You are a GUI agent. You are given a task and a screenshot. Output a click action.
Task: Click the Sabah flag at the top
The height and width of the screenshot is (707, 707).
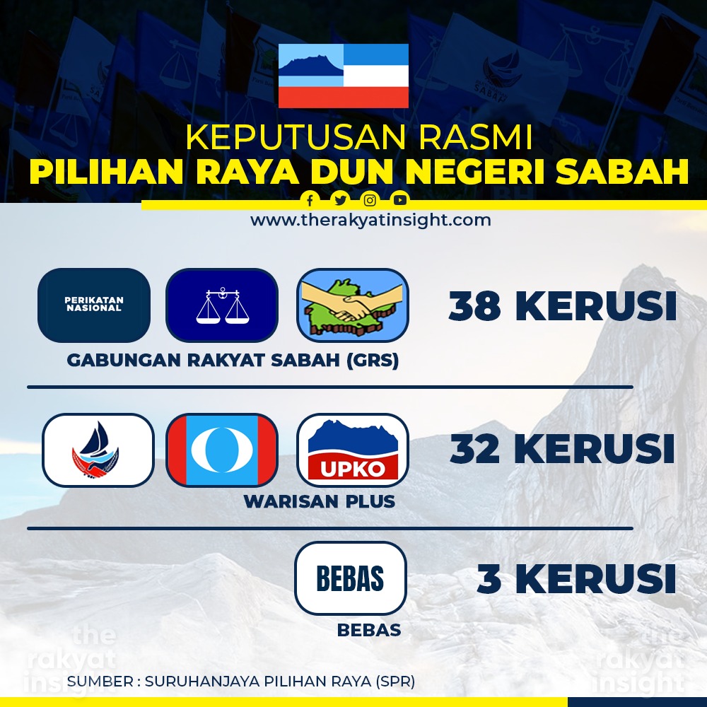(344, 76)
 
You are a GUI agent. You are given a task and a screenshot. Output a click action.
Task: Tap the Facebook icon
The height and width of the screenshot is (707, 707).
(310, 200)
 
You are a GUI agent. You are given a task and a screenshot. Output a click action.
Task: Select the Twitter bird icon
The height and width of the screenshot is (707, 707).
(340, 200)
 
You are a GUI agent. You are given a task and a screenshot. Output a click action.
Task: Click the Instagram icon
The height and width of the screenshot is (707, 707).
(370, 200)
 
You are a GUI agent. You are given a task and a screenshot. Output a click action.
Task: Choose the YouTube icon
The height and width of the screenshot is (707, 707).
(400, 200)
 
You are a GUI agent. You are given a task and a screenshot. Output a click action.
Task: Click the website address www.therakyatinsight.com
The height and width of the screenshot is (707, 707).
(370, 221)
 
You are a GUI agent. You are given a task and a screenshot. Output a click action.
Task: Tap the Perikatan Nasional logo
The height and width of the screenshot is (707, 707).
(94, 305)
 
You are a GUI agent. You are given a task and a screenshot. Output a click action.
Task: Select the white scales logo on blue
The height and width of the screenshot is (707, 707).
(222, 305)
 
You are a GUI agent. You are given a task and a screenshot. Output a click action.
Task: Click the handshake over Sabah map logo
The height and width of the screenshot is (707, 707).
(353, 305)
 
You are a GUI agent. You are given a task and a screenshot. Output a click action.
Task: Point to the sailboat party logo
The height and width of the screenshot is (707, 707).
(98, 450)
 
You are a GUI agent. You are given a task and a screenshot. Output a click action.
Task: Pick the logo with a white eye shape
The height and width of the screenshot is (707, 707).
(222, 450)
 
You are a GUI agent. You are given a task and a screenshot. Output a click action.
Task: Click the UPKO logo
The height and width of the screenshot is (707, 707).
(353, 450)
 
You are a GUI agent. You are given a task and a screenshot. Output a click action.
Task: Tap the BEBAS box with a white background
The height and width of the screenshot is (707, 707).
(351, 578)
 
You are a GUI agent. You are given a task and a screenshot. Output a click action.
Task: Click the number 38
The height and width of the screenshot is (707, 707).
(474, 306)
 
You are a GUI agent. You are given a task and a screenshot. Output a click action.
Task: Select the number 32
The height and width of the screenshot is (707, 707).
(475, 449)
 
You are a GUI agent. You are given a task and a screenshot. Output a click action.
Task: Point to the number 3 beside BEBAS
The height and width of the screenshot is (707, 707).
(490, 578)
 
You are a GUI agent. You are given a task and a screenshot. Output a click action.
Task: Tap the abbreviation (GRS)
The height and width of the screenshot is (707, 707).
(373, 361)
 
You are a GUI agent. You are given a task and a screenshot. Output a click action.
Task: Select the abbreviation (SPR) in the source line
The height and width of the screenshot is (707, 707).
(395, 682)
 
